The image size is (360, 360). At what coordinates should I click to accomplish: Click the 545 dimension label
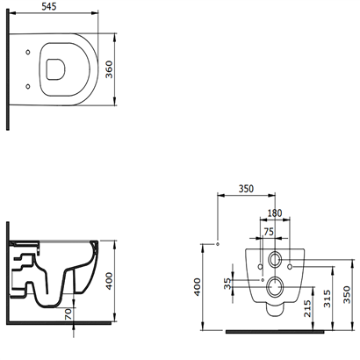49,7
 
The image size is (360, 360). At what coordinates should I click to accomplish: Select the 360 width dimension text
109,69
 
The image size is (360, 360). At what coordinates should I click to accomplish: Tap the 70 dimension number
68,314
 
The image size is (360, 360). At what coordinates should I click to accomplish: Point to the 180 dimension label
275,212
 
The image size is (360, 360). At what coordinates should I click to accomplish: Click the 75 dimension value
269,232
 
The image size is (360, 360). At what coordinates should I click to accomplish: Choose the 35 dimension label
227,284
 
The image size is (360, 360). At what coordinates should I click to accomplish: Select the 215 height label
307,308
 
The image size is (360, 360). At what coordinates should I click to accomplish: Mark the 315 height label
328,299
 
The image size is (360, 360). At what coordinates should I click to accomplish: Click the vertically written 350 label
347,294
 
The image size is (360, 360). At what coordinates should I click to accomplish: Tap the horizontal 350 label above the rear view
246,189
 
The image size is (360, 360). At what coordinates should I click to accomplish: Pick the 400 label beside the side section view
109,281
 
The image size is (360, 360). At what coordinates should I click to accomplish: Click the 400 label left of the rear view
198,287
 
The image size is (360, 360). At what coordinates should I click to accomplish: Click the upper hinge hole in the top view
28,52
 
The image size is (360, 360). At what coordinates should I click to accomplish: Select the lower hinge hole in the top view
28,86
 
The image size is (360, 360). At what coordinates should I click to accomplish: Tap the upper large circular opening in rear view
275,259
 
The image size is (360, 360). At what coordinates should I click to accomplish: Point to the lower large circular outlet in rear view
275,286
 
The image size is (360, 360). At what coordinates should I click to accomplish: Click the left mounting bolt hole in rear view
260,267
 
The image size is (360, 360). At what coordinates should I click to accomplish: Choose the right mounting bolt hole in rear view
290,267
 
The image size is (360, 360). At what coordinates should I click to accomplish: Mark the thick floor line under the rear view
275,332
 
